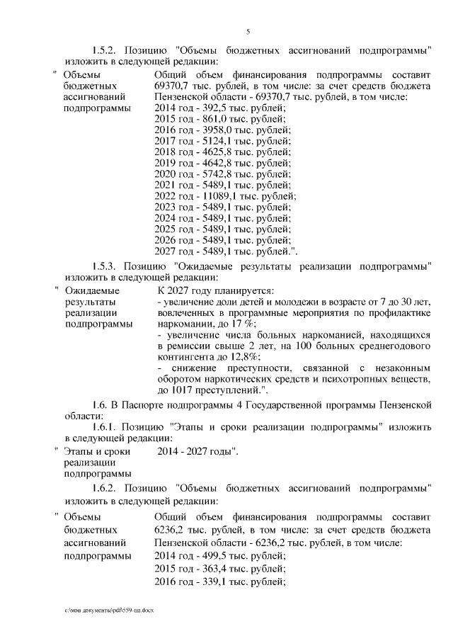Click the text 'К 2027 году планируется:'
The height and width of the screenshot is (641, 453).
coord(214,291)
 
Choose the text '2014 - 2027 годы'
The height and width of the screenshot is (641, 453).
coord(195,450)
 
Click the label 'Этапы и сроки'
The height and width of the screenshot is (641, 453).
coord(93,450)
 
